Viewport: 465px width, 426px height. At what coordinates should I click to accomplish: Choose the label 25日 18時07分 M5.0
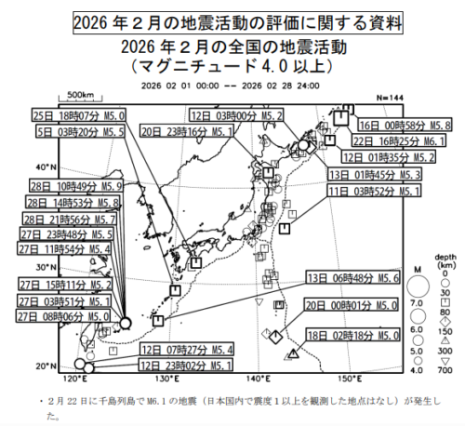pos(77,116)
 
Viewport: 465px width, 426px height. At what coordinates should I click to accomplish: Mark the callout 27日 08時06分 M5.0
pos(66,316)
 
